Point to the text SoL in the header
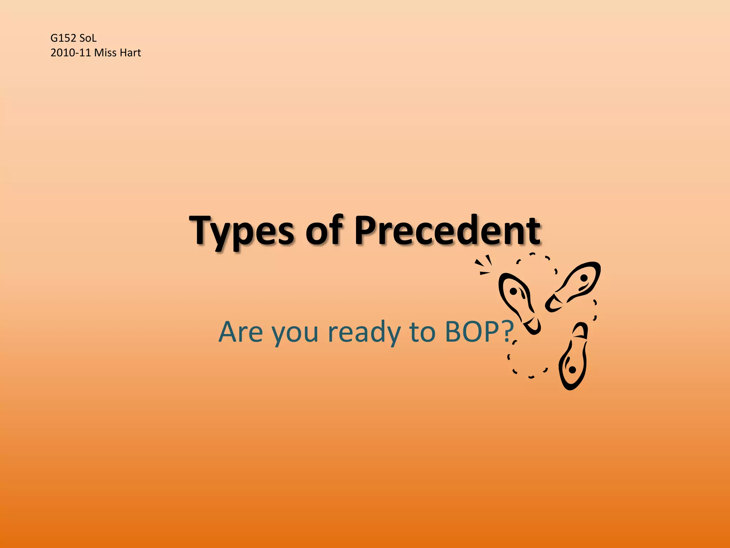coord(88,38)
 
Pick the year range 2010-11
coord(71,53)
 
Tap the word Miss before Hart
coord(106,53)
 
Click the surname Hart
coord(130,53)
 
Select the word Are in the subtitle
coord(240,332)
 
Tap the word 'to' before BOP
coord(422,332)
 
